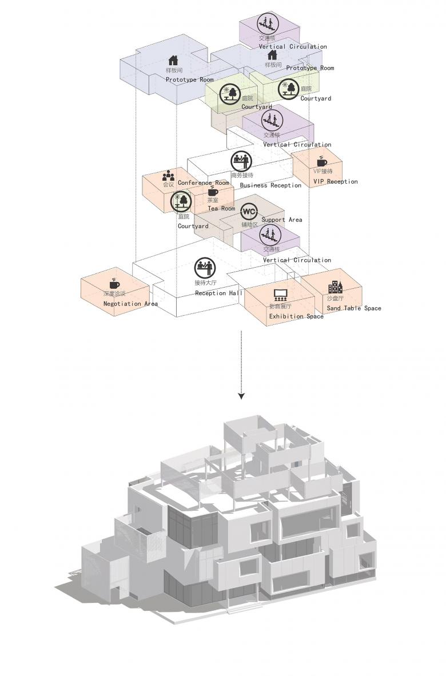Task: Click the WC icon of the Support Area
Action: (x=249, y=212)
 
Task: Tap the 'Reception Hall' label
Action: (x=219, y=293)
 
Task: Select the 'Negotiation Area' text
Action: (x=130, y=304)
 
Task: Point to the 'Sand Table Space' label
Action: (x=354, y=309)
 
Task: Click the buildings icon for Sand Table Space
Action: (x=335, y=288)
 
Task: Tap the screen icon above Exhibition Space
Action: (x=280, y=295)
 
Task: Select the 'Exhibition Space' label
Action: (x=296, y=316)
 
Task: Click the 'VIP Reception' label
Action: (x=335, y=182)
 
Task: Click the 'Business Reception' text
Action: (x=270, y=185)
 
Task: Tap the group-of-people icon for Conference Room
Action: (x=168, y=176)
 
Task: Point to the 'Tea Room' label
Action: (x=221, y=209)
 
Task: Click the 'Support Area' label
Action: (x=282, y=220)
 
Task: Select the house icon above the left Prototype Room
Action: (x=174, y=60)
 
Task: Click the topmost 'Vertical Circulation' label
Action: (x=293, y=47)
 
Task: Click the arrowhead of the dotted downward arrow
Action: (x=242, y=396)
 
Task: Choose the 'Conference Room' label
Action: (x=203, y=183)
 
